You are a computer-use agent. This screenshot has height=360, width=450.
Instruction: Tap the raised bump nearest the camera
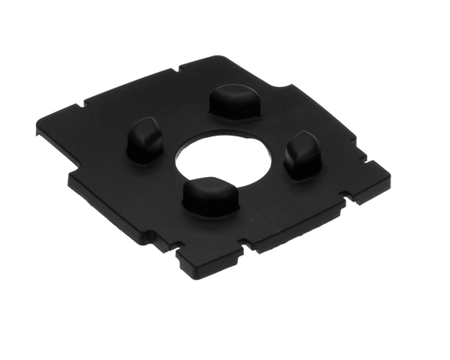point(210,196)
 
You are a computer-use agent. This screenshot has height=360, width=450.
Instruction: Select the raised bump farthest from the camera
point(233,100)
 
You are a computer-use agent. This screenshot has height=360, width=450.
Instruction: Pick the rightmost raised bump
point(303,153)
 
